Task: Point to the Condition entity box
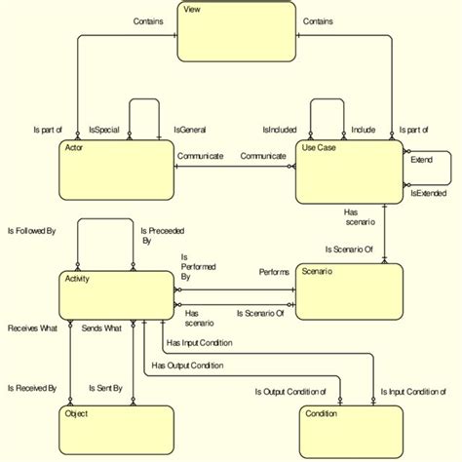[351, 429]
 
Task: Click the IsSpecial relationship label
[105, 129]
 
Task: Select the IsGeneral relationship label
[191, 129]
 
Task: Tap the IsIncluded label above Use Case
[281, 129]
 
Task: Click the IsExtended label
[427, 194]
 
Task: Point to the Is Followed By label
[31, 232]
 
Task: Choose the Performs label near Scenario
[273, 272]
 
